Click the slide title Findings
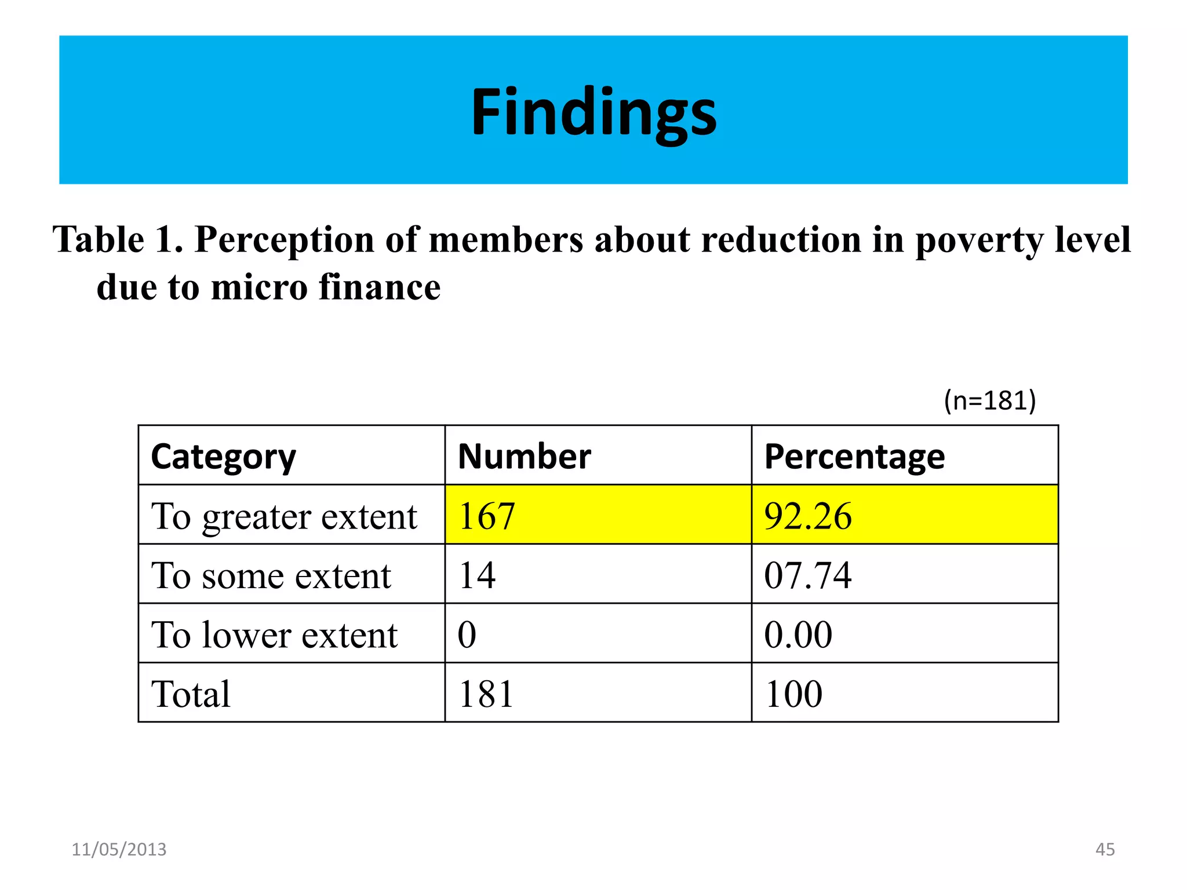(593, 111)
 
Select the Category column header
(223, 457)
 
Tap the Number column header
(524, 457)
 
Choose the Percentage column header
(854, 457)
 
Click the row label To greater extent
(284, 516)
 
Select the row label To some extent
(271, 576)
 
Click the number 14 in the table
(477, 576)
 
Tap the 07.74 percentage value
(808, 576)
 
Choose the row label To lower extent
(274, 635)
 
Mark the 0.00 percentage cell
(798, 635)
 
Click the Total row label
(191, 694)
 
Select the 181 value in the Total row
(486, 694)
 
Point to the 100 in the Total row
(793, 694)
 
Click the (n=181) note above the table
(989, 401)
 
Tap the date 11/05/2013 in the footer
(119, 849)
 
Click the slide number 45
(1105, 849)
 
